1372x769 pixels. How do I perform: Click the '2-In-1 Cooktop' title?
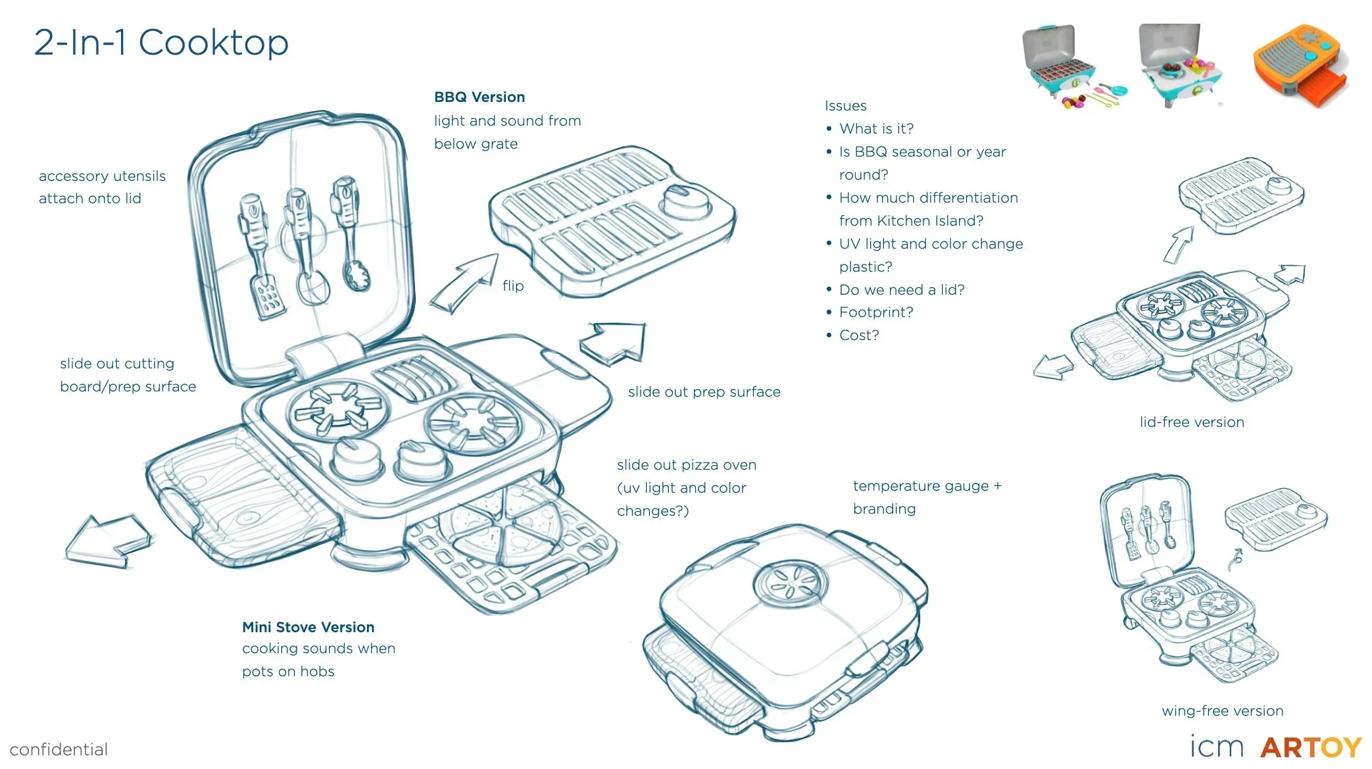(x=161, y=43)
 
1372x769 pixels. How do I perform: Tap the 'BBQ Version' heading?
(x=479, y=97)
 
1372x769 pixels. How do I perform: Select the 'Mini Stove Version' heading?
(x=308, y=627)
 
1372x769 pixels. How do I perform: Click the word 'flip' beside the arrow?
(x=513, y=285)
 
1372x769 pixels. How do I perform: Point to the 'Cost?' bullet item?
(x=858, y=335)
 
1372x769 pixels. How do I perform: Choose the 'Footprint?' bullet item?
(x=875, y=312)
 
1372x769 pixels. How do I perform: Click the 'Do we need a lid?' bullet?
(x=901, y=289)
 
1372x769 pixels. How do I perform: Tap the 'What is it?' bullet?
(x=876, y=129)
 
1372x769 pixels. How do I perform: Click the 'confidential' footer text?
(x=59, y=749)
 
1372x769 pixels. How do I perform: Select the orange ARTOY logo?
(x=1311, y=747)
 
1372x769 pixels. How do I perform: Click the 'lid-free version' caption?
(x=1192, y=422)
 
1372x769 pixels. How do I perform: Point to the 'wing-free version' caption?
(x=1222, y=710)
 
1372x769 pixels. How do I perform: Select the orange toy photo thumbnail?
(x=1301, y=66)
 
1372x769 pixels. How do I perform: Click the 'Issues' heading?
(x=845, y=106)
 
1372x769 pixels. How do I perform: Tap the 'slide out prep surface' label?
(x=704, y=392)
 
